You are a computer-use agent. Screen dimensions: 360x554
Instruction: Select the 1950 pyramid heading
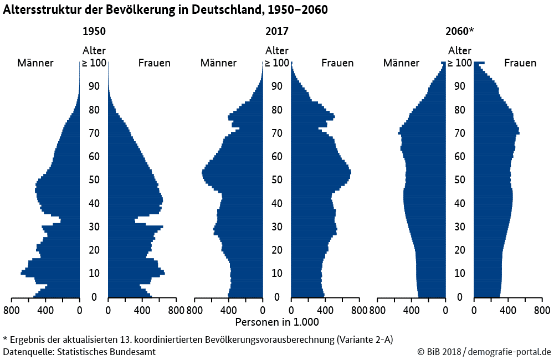click(x=94, y=32)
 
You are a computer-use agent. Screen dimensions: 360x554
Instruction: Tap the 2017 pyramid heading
click(x=277, y=32)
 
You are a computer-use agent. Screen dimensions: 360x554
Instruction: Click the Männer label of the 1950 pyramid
click(x=35, y=63)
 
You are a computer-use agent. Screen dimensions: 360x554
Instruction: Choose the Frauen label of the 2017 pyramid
click(x=337, y=63)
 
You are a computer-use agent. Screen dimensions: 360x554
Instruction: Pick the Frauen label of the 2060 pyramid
click(x=520, y=63)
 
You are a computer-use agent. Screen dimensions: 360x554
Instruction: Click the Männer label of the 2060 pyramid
click(x=402, y=63)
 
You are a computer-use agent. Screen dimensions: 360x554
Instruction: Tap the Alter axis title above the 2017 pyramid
click(x=277, y=51)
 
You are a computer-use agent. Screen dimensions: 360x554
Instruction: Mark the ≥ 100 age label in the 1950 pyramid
click(x=94, y=63)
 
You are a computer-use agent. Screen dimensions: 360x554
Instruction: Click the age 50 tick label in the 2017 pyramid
click(x=277, y=180)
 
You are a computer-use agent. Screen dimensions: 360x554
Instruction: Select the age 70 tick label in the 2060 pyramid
click(x=460, y=133)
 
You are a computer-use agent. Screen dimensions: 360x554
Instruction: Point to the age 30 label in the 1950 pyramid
click(x=94, y=227)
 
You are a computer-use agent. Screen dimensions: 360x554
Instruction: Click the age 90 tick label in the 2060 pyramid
click(x=460, y=86)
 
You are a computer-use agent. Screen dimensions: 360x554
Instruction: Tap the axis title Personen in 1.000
click(x=277, y=322)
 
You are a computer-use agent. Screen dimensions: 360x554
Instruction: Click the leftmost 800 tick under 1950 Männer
click(x=11, y=310)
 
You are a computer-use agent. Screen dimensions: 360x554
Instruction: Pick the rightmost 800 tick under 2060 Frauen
click(x=542, y=310)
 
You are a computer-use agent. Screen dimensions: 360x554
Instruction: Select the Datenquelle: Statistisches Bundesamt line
click(x=79, y=352)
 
